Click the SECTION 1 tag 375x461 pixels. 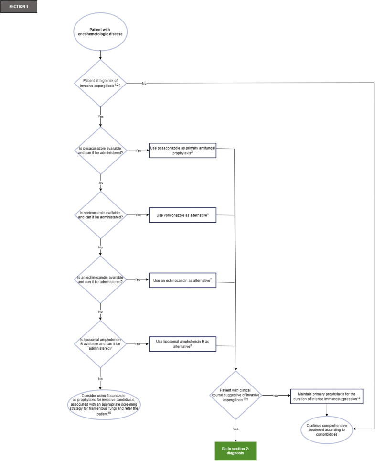(x=19, y=7)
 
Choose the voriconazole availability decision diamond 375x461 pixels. (x=100, y=214)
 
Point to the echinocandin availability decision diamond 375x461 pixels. (x=100, y=279)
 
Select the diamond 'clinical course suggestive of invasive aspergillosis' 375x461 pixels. (x=236, y=395)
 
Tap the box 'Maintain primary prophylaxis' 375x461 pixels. (x=327, y=396)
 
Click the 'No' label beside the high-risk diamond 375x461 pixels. (x=144, y=83)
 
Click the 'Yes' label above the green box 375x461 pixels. (x=236, y=429)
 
